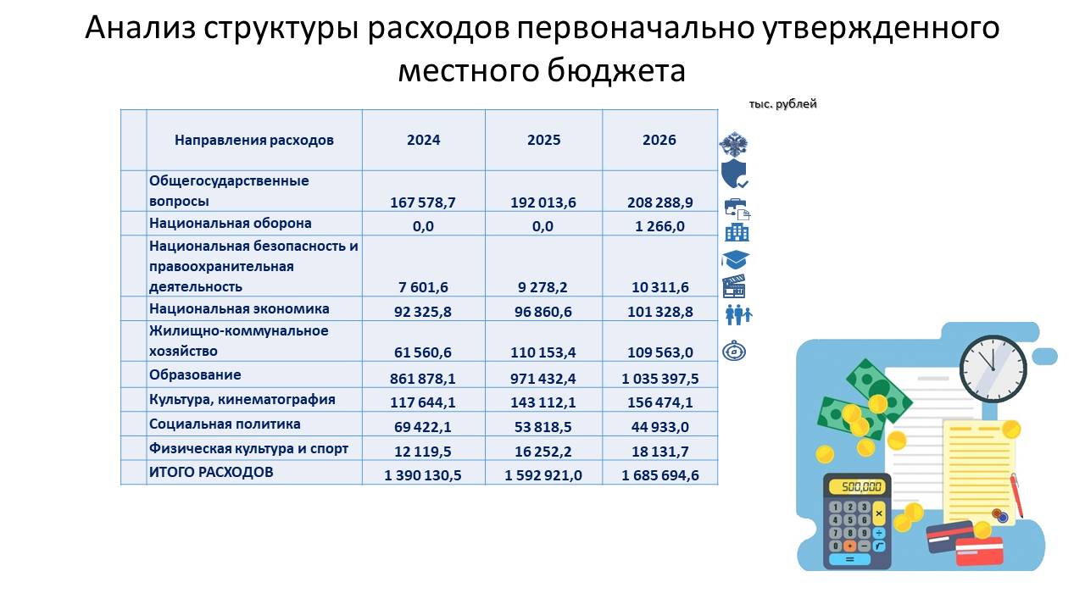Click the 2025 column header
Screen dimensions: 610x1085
point(543,141)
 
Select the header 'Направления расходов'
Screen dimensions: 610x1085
point(254,141)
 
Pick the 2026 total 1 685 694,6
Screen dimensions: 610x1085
point(659,475)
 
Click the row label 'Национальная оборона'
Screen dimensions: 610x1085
point(231,224)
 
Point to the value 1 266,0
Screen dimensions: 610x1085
point(659,226)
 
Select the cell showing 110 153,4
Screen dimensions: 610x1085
point(543,352)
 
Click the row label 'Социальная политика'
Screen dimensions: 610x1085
point(225,424)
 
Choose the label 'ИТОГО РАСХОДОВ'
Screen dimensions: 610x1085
point(211,472)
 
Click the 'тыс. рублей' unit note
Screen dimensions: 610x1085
point(782,104)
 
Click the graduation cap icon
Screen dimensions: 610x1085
point(736,259)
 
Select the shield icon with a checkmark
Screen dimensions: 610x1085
point(734,174)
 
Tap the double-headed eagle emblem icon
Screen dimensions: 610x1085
point(733,143)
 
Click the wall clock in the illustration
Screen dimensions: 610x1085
point(993,367)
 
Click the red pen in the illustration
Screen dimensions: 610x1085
point(1016,495)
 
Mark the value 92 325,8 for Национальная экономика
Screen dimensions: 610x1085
point(423,312)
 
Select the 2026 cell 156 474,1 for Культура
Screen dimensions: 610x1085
point(659,402)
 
